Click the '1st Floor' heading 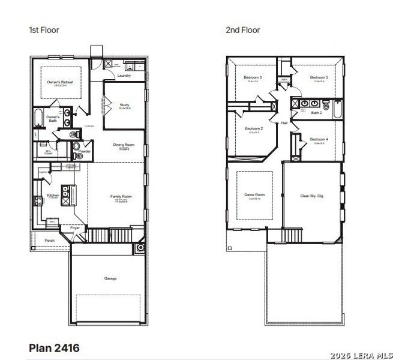click(x=44, y=29)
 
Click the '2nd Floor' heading click(x=242, y=29)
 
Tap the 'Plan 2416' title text click(x=54, y=347)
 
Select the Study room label click(x=124, y=105)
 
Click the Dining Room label click(x=124, y=145)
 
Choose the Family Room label click(x=120, y=196)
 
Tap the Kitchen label click(x=53, y=196)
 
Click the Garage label click(x=110, y=278)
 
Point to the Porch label click(x=49, y=241)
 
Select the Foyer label click(x=75, y=228)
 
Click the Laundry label click(x=124, y=76)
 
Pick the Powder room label click(x=84, y=152)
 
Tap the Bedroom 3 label click(x=253, y=77)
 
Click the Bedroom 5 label click(x=319, y=77)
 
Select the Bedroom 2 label click(x=253, y=128)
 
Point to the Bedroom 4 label click(x=319, y=140)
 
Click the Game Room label click(x=254, y=195)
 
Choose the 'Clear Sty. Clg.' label click(x=313, y=196)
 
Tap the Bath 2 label click(x=316, y=113)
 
